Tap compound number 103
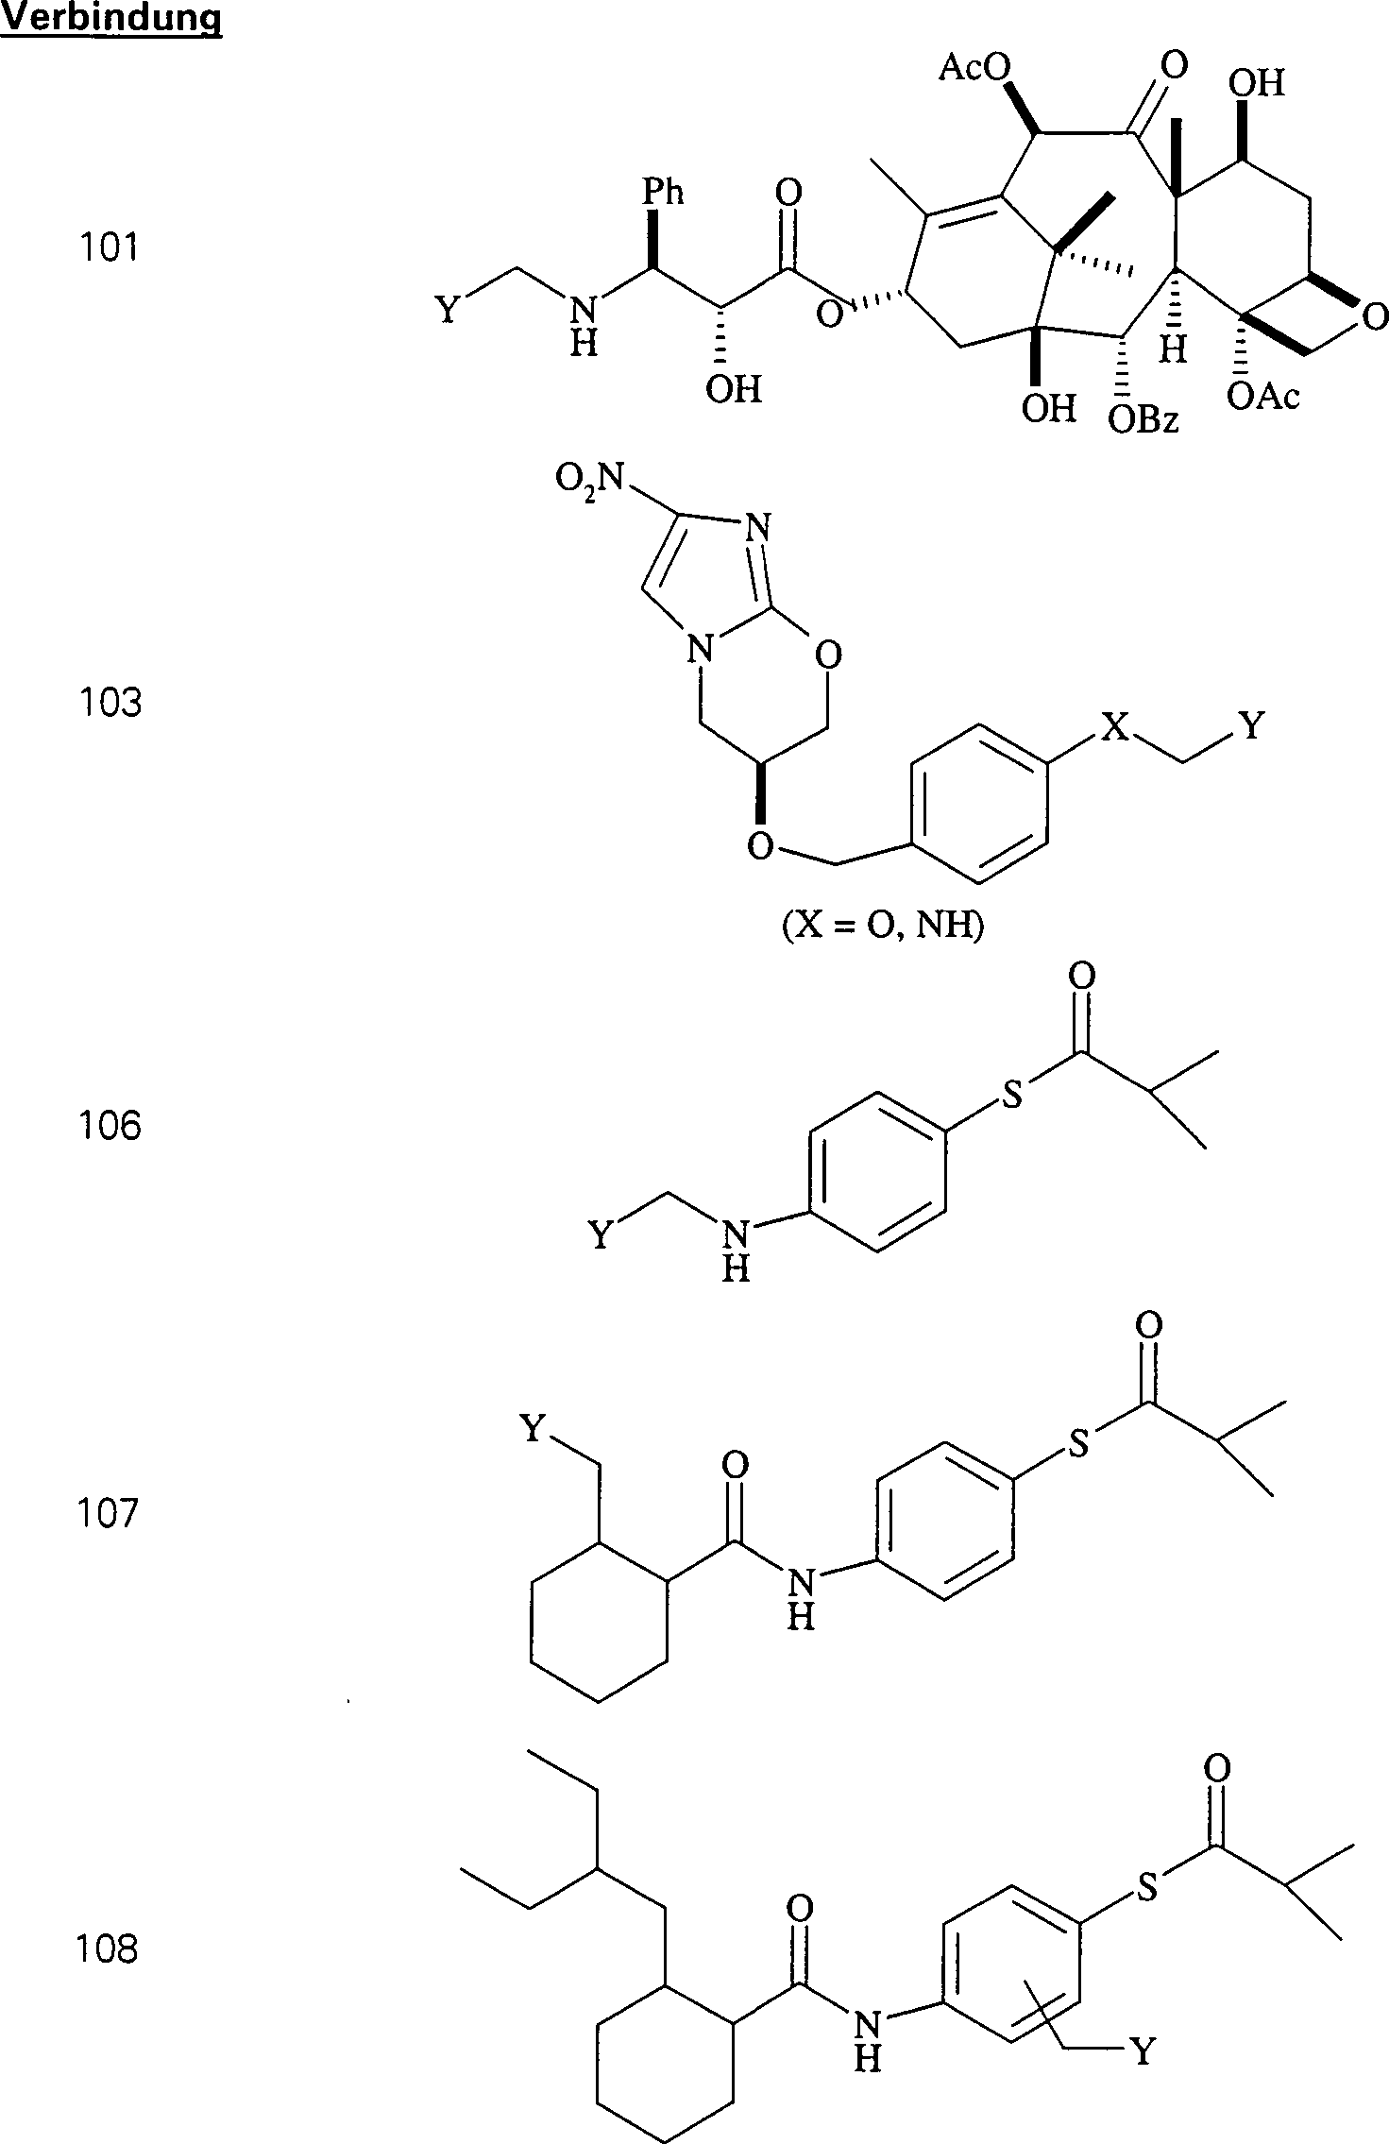[x=110, y=703]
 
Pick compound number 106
[x=110, y=1125]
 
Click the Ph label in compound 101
[x=663, y=193]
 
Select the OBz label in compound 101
[x=1143, y=419]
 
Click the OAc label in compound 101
[x=1263, y=397]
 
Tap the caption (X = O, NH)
[x=882, y=927]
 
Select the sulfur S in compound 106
[x=1012, y=1099]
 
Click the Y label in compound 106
[x=601, y=1234]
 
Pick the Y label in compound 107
[x=534, y=1429]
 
